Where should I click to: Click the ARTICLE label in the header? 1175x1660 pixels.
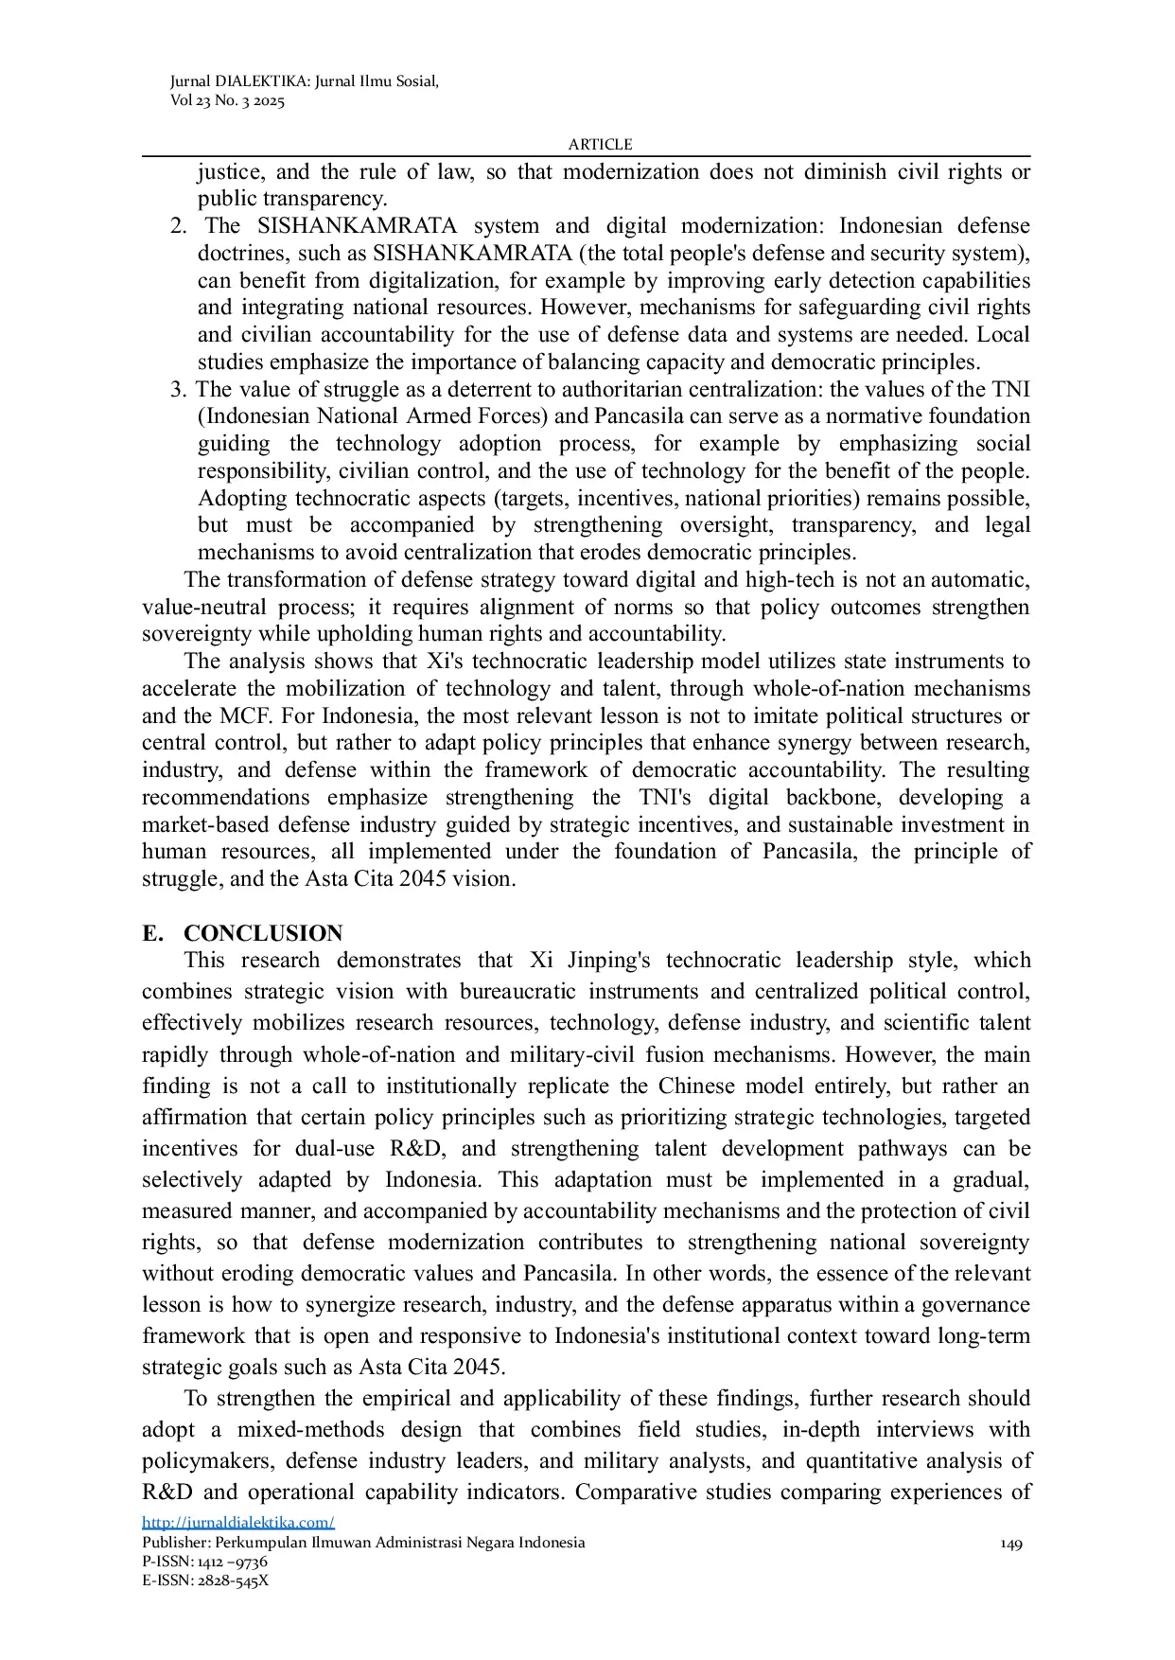click(600, 144)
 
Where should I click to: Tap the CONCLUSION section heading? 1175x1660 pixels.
click(263, 933)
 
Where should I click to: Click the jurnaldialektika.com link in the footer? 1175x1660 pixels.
click(238, 1522)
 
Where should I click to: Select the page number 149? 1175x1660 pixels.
click(1011, 1544)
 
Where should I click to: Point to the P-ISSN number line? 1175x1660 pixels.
click(204, 1562)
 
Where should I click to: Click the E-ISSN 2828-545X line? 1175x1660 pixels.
click(205, 1581)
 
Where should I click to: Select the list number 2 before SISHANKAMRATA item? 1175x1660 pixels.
click(178, 226)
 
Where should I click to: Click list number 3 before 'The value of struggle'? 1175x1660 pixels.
click(178, 389)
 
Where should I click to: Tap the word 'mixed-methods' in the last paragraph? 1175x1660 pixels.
click(310, 1429)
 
